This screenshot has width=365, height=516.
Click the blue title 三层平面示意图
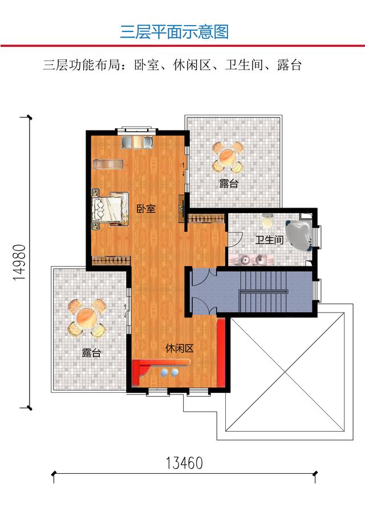[175, 31]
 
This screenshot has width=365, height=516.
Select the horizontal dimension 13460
[185, 462]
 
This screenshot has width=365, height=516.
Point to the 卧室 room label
[146, 209]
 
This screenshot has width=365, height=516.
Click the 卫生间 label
[269, 240]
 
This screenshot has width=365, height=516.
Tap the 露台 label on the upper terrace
[229, 184]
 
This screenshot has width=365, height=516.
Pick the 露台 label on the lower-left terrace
[91, 353]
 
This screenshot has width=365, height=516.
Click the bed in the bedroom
[110, 209]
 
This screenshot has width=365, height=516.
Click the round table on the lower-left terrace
[86, 317]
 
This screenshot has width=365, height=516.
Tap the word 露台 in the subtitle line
[288, 64]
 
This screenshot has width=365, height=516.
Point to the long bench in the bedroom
[109, 165]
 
